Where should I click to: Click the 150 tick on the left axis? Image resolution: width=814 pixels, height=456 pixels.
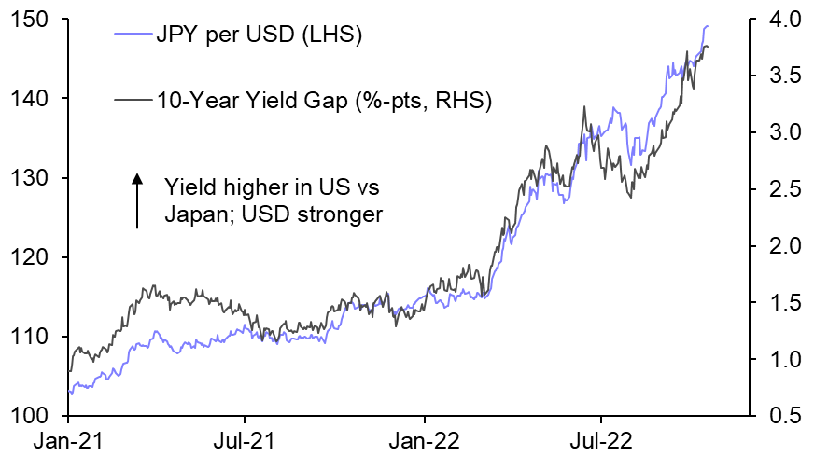point(26,20)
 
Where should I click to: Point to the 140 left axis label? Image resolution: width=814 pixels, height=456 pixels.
point(26,99)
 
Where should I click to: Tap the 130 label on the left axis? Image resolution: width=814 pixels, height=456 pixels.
point(26,178)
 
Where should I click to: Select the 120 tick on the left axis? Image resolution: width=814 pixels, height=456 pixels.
point(26,257)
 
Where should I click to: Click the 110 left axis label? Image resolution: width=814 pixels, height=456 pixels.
point(26,337)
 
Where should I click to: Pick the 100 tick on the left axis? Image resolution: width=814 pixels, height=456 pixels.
point(26,416)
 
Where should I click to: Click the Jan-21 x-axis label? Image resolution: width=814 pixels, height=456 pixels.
point(69,438)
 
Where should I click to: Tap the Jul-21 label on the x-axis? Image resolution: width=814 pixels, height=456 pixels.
point(245,438)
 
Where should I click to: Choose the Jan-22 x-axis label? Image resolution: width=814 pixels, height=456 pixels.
point(425,438)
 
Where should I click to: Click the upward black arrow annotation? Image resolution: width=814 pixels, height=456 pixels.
point(136,200)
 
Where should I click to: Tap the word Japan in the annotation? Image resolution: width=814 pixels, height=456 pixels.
point(190,214)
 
